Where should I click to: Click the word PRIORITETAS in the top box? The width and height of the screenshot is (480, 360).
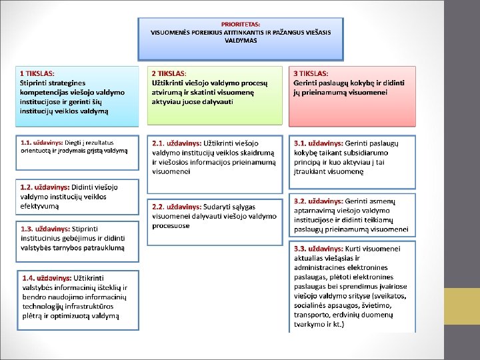241,24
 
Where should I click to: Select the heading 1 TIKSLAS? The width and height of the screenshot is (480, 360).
37,73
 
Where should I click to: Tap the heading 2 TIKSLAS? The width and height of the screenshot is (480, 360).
169,73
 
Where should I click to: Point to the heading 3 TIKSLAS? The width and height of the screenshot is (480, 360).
311,73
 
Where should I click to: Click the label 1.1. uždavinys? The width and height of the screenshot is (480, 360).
41,143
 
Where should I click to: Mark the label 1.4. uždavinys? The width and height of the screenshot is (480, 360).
47,277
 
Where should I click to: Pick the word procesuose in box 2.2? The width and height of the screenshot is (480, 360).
171,226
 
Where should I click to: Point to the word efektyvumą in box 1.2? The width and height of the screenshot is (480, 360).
40,206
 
